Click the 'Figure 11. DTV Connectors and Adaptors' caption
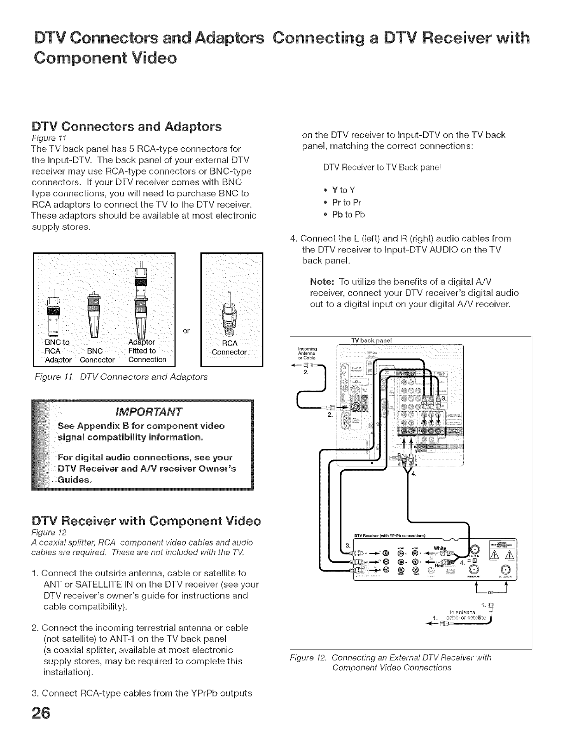121,377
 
